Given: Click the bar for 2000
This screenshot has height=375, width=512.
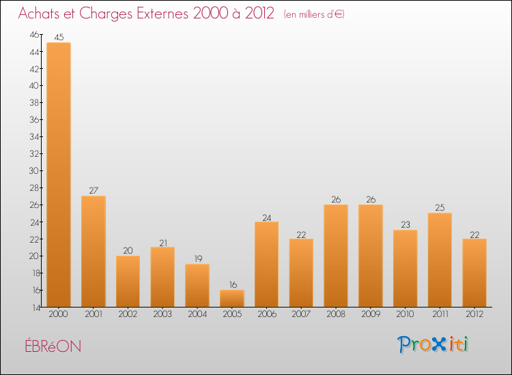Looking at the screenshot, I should [x=58, y=175].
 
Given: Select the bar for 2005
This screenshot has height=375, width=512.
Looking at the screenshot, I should [x=232, y=299].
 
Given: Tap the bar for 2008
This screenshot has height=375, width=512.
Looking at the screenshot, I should [x=336, y=256].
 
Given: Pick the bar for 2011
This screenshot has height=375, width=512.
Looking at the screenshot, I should [x=440, y=260].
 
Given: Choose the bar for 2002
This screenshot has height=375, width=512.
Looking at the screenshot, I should [x=128, y=281].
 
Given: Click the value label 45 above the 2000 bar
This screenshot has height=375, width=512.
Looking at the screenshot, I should [x=59, y=37].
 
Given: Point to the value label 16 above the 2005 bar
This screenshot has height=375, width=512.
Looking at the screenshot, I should [x=232, y=285].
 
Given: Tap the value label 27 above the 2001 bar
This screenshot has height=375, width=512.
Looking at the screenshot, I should [x=94, y=191].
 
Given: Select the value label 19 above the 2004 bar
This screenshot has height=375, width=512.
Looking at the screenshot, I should [x=197, y=259].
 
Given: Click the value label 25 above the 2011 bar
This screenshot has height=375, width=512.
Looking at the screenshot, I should [x=440, y=208].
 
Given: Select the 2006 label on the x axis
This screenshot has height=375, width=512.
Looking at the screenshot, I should [x=266, y=314].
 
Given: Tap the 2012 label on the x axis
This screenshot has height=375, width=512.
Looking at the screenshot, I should [x=474, y=314].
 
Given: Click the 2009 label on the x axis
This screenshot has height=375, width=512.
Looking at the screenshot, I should [x=371, y=314].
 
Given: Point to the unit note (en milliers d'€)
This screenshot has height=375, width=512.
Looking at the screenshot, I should [x=314, y=14].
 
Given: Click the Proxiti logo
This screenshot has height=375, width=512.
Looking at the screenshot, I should [x=433, y=344].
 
